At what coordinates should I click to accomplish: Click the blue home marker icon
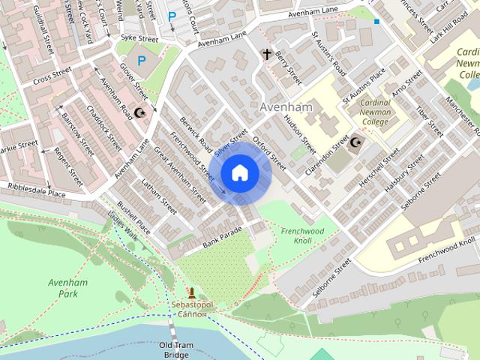[x=239, y=173]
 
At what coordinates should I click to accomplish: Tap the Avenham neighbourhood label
[x=285, y=108]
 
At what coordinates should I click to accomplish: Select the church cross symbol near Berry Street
[x=265, y=54]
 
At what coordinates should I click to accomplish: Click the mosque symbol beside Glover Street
[x=139, y=112]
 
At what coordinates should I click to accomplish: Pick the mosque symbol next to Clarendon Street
[x=355, y=142]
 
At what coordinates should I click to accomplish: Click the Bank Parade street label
[x=222, y=236]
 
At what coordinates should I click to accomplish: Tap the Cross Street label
[x=52, y=77]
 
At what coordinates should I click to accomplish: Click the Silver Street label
[x=230, y=142]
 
